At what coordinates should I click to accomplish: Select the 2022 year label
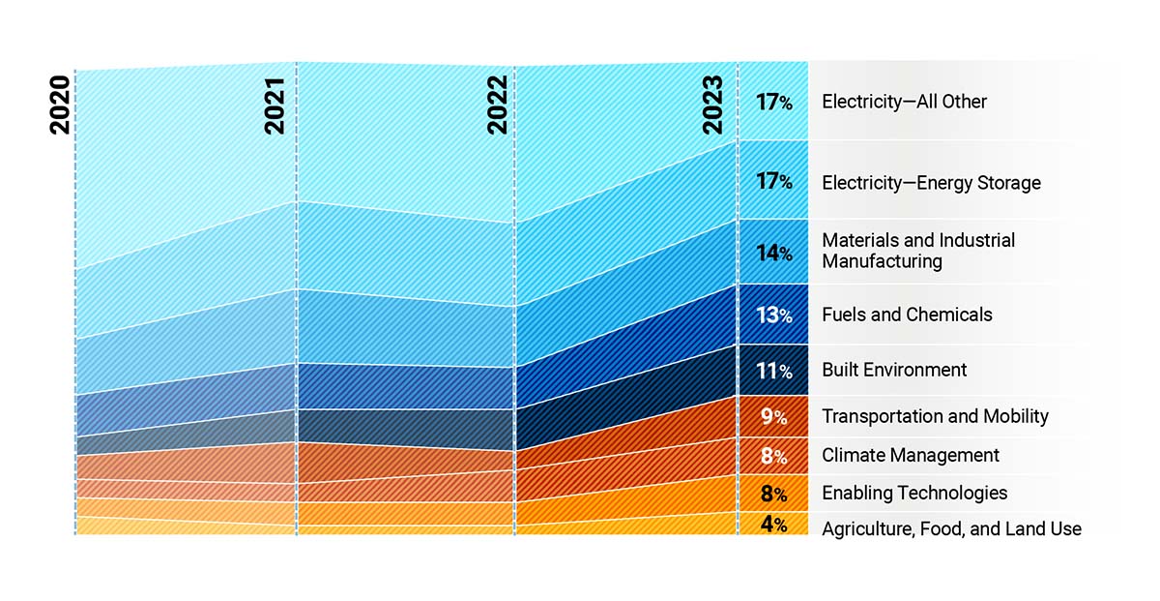[497, 105]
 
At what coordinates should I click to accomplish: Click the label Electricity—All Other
[904, 102]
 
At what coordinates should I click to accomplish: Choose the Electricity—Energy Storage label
[931, 183]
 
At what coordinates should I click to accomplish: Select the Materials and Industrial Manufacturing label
[918, 251]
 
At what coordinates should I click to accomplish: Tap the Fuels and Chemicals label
[907, 315]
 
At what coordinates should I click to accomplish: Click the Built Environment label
[894, 370]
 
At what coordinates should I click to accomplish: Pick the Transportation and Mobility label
[935, 416]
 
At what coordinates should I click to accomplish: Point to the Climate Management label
[911, 455]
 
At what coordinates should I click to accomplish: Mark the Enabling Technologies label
[914, 493]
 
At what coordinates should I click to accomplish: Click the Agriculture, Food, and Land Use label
[951, 528]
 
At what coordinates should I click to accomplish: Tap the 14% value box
[773, 253]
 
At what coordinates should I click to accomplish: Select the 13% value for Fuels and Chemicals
[773, 315]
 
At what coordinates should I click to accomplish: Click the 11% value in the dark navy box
[773, 371]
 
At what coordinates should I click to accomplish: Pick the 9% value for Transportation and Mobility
[773, 417]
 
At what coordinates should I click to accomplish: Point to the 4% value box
[773, 525]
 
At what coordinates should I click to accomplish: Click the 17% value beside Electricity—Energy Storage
[773, 181]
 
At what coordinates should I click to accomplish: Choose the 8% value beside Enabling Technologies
[773, 494]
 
